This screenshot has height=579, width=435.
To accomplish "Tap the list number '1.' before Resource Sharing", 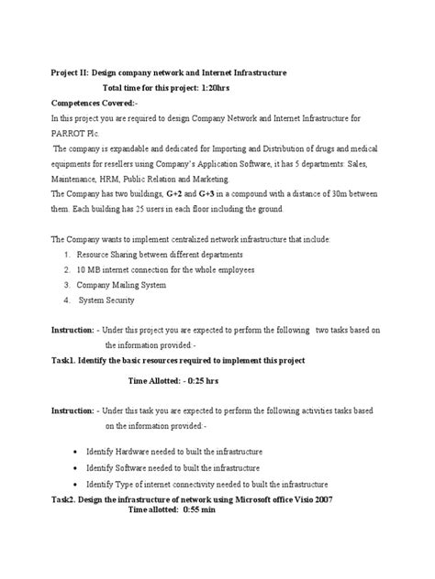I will point(68,254).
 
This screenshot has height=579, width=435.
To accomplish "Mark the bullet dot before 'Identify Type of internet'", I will point(73,485).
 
